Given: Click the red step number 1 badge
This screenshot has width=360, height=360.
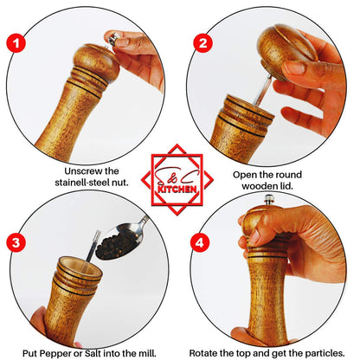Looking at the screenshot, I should [13, 42].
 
